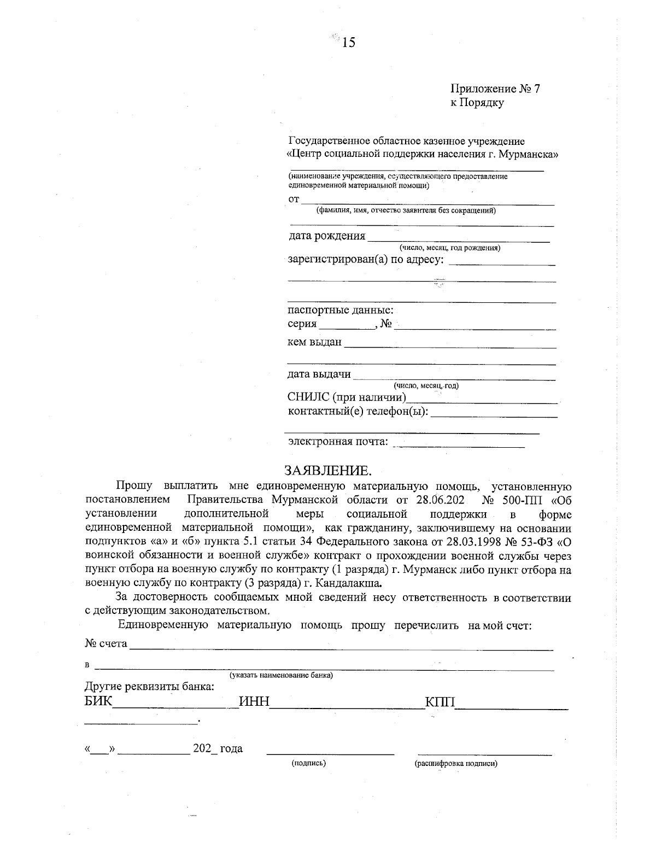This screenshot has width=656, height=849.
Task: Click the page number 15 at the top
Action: coord(348,42)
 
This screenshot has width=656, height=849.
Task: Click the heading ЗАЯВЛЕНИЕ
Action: coord(327,471)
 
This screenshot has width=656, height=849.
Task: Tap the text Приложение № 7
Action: coord(495,89)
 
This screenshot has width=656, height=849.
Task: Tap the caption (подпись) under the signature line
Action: coord(309,763)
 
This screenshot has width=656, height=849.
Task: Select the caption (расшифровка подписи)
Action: coord(456,763)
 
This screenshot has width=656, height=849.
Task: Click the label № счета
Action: coord(106,643)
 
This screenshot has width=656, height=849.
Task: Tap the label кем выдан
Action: coord(314,343)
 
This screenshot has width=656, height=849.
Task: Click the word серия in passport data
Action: coord(302,324)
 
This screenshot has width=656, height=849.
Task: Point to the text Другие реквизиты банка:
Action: coord(149,687)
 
